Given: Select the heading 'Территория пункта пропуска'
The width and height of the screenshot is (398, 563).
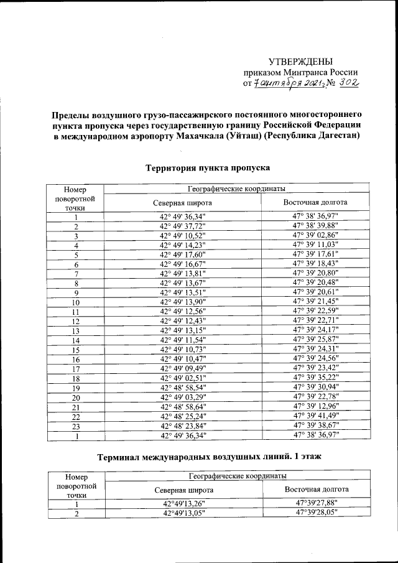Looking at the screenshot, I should [x=207, y=168].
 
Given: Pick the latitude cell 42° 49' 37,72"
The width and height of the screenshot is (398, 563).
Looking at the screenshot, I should [x=182, y=226].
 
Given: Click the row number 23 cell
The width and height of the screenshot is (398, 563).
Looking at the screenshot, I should [x=75, y=426].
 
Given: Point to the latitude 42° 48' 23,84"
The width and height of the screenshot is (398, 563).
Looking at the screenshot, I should [x=182, y=426].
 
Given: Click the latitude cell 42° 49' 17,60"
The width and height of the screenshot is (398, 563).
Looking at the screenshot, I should [x=182, y=254].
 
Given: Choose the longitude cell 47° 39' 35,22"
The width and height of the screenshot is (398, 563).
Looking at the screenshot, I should [x=315, y=378].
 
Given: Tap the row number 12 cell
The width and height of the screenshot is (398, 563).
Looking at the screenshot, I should [x=75, y=321].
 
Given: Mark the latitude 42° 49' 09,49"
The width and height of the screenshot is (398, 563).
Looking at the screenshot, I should [x=182, y=368].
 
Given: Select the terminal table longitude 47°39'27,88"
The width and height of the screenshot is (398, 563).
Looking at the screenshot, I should [x=316, y=503].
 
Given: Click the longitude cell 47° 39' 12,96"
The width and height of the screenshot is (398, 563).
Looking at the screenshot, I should [x=315, y=407].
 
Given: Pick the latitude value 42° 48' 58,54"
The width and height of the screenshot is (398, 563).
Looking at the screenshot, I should [x=182, y=388].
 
